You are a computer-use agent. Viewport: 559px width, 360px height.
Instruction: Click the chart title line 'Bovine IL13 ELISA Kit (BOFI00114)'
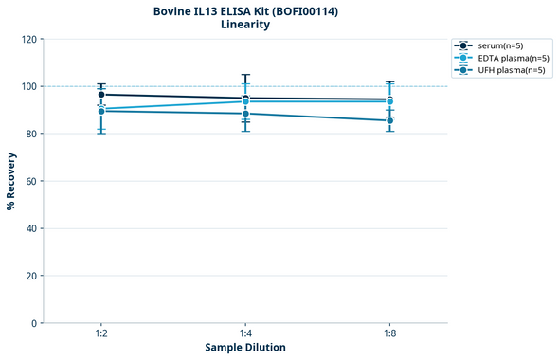point(245,11)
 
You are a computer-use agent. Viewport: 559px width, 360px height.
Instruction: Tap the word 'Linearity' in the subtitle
point(245,26)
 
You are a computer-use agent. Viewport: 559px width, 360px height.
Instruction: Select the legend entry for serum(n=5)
point(499,45)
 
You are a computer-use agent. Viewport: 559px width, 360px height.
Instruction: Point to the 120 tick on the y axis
point(29,40)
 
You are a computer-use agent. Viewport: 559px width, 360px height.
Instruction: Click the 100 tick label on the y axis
point(29,87)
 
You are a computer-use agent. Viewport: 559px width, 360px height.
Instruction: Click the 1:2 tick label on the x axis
point(100,334)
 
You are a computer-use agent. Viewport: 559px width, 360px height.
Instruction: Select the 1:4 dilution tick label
point(245,334)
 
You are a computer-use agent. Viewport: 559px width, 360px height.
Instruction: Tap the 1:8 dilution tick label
point(389,334)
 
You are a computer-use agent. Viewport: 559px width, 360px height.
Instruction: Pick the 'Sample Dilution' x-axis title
point(245,348)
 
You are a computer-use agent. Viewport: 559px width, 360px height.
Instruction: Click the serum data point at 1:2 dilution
point(101,95)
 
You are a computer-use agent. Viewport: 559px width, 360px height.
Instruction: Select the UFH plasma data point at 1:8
point(389,120)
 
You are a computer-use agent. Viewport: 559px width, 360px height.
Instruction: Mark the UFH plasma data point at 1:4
point(245,114)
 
